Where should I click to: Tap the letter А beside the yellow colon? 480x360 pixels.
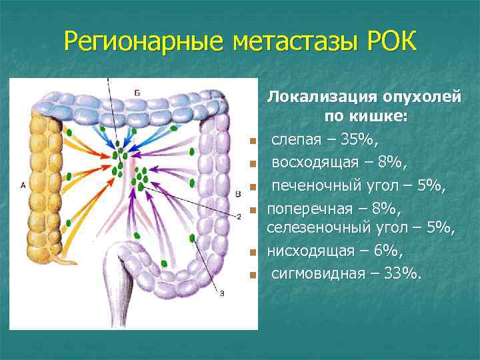[x=23, y=185]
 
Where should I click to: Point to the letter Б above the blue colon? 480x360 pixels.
[x=137, y=93]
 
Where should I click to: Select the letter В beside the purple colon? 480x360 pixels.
[x=238, y=193]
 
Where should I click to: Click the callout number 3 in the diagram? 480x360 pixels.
[x=222, y=293]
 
